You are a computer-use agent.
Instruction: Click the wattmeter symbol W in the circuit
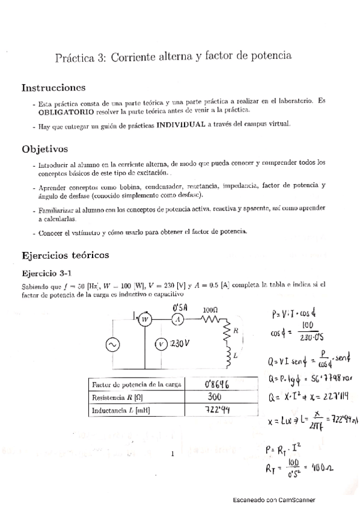tap(144, 321)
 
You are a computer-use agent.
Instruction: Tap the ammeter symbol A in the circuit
tap(177, 321)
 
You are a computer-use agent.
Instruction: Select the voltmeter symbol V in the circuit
tap(160, 344)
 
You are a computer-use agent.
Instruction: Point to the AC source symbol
tap(112, 344)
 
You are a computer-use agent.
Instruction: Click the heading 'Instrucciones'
tap(53, 88)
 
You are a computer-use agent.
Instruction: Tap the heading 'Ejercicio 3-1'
tap(47, 272)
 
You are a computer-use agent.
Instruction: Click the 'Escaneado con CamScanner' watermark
tap(274, 500)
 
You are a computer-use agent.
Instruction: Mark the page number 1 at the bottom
tap(172, 454)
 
